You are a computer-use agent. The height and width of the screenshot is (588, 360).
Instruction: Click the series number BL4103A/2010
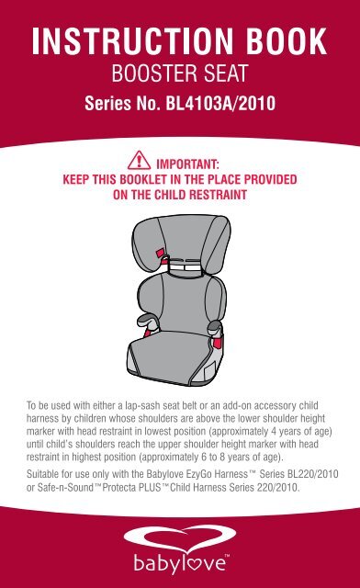tap(220, 103)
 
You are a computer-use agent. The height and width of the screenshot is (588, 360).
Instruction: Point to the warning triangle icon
tap(139, 161)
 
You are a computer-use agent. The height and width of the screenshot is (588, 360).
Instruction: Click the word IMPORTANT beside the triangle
tap(187, 164)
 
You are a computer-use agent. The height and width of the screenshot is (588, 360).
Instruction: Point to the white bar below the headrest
tap(186, 267)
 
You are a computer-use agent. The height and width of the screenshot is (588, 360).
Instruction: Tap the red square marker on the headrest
tap(160, 254)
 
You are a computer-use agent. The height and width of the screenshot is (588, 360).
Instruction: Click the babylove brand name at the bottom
tap(181, 563)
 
